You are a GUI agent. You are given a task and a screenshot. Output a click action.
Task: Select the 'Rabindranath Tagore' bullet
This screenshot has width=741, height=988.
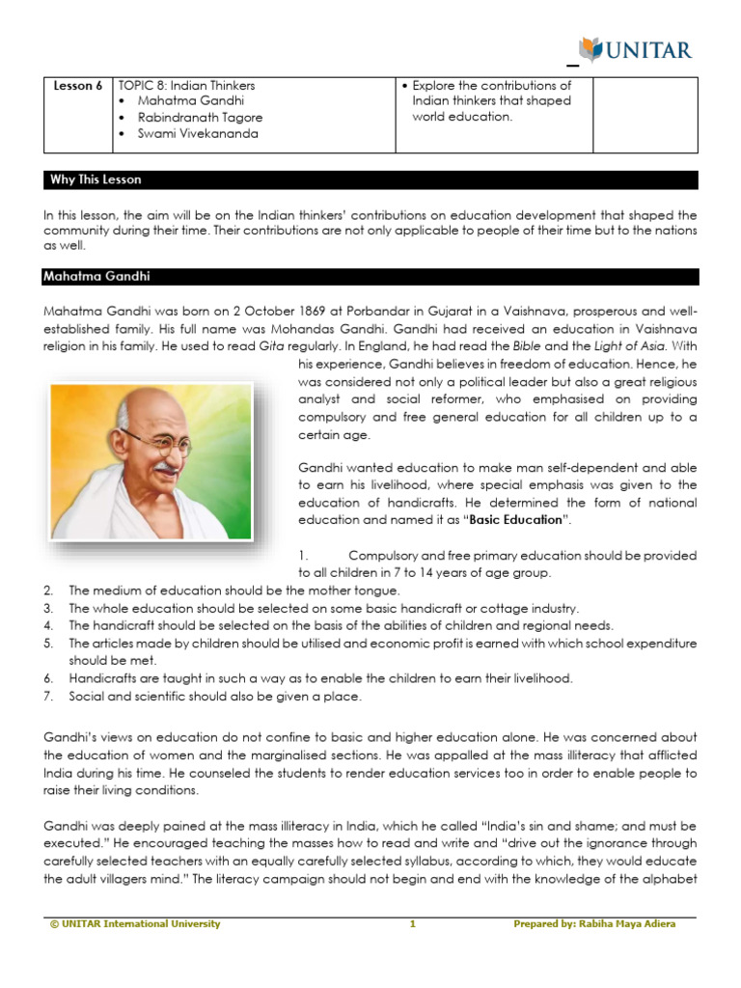pos(200,118)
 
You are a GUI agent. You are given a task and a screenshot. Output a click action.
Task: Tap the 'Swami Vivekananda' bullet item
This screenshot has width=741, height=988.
pos(198,134)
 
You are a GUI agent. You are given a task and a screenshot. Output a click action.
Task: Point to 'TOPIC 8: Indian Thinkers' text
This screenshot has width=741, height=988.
pos(186,86)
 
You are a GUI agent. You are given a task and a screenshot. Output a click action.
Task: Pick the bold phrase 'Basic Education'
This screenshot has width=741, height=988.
pos(515,519)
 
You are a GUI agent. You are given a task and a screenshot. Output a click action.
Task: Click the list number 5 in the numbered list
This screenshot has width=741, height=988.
pos(48,644)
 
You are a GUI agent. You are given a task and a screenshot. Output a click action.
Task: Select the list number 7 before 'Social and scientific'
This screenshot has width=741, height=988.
pos(48,697)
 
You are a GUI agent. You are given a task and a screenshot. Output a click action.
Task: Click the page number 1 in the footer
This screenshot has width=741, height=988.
pos(412,924)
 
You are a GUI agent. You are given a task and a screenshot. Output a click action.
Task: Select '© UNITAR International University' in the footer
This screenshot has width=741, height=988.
pos(135,924)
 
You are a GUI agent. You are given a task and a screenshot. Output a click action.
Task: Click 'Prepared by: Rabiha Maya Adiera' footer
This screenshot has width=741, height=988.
pos(594,924)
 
